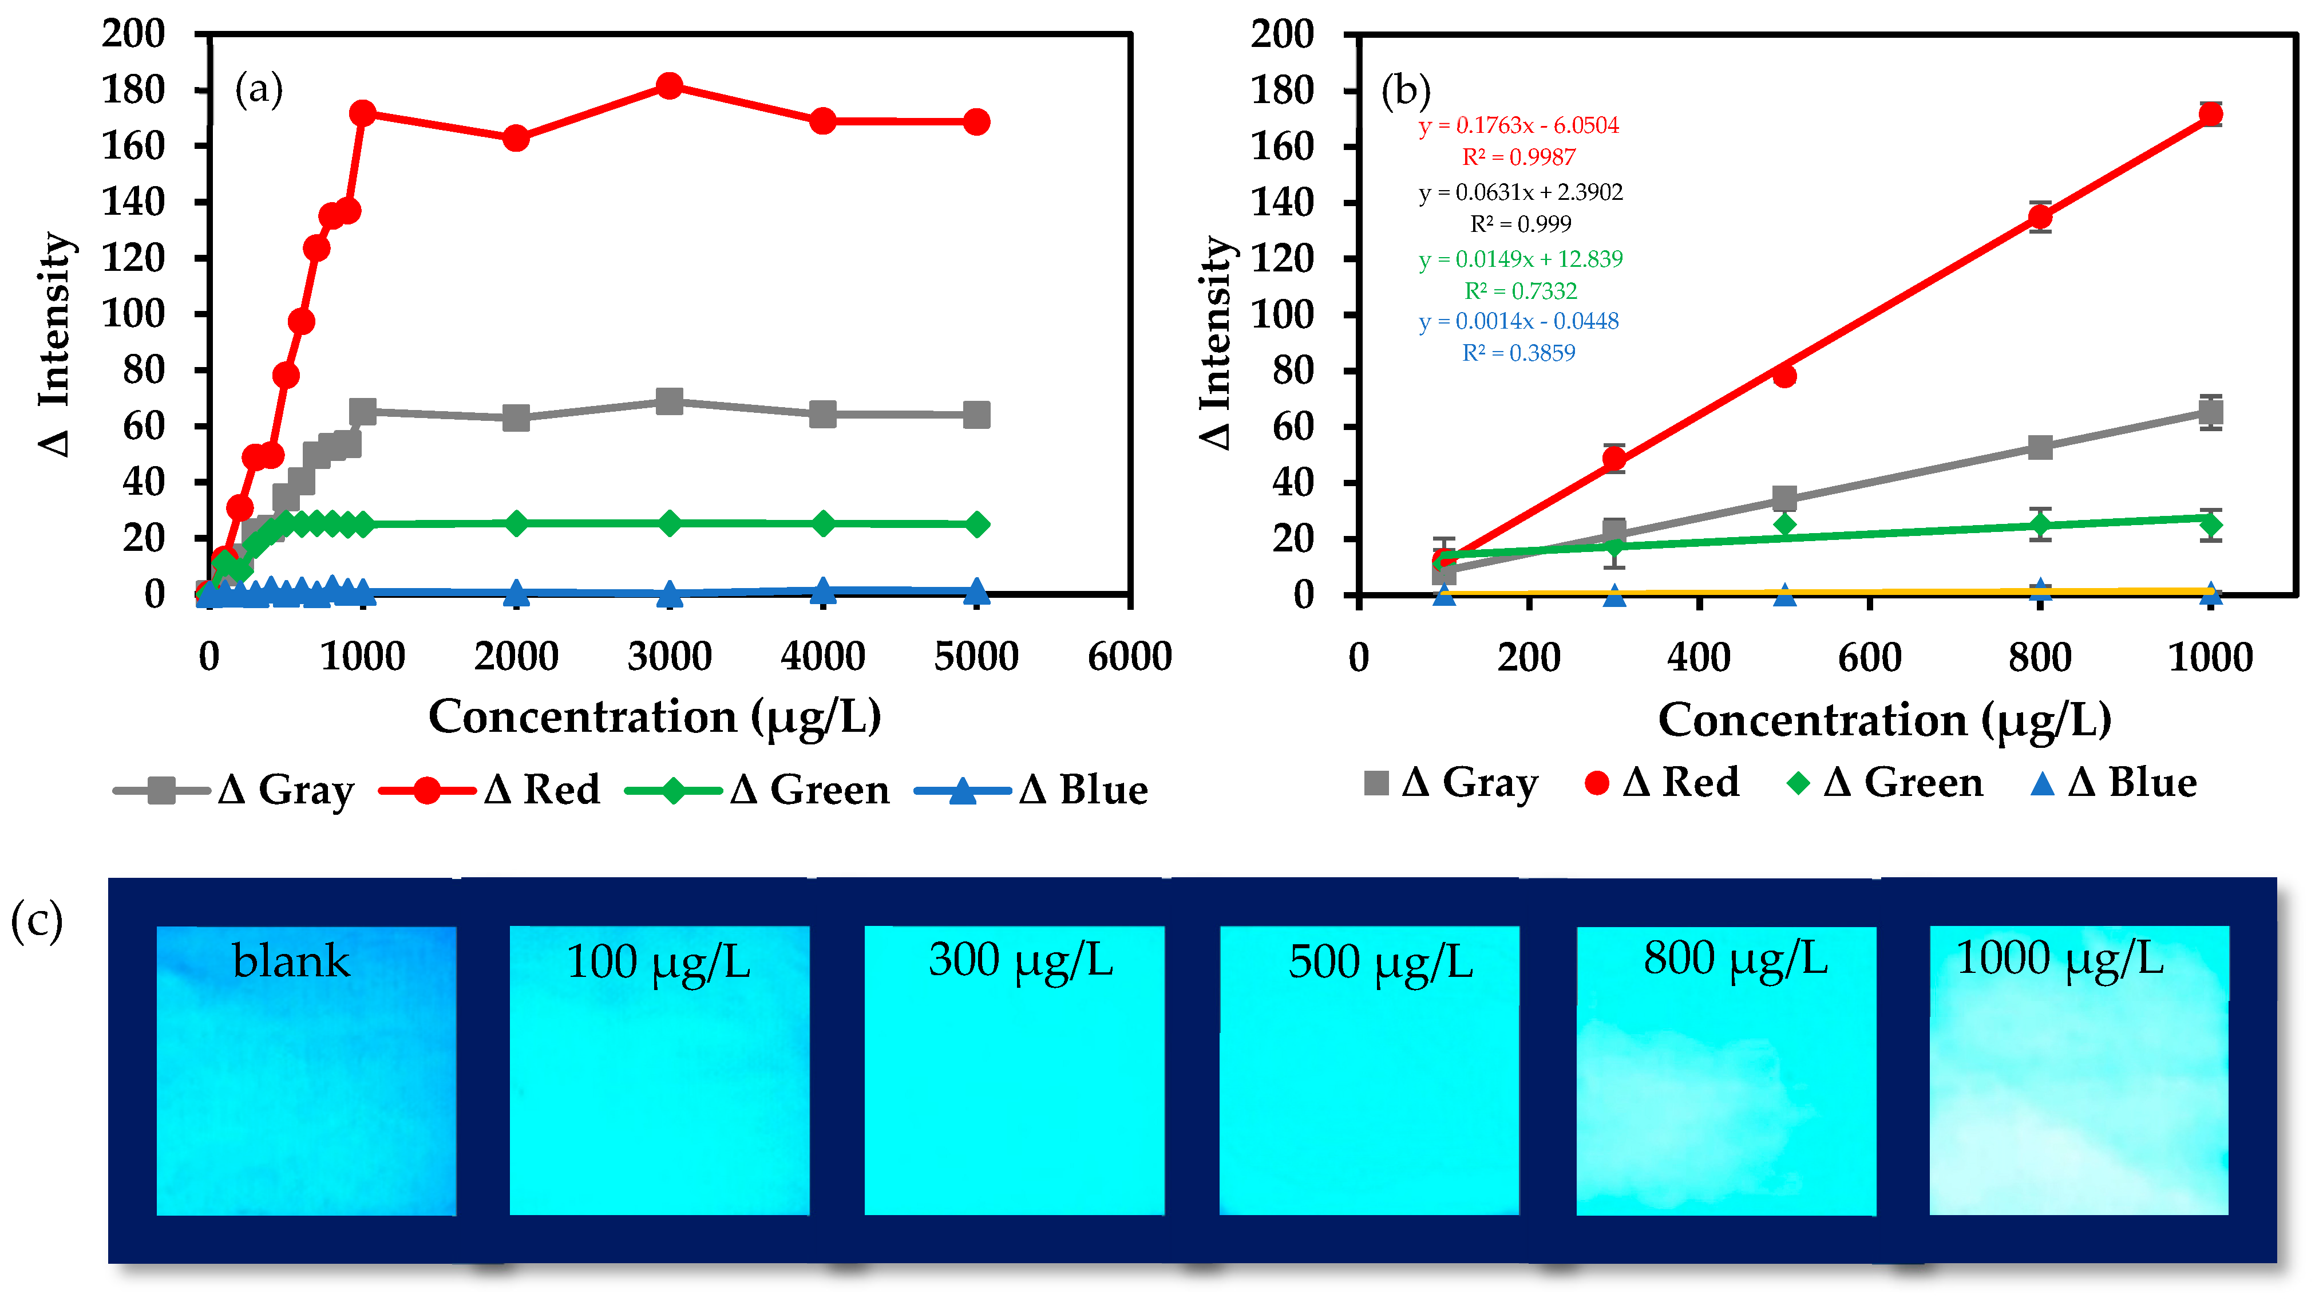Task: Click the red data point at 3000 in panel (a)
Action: point(669,86)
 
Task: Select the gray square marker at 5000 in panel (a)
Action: point(976,415)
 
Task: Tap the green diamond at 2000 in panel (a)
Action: point(516,523)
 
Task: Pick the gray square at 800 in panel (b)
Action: point(2040,447)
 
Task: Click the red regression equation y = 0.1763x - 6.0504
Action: point(1518,125)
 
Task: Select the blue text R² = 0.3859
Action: point(1518,353)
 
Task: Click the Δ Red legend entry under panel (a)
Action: point(492,790)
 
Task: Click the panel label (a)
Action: point(259,89)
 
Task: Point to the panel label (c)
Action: point(37,921)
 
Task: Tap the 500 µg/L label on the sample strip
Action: point(1380,961)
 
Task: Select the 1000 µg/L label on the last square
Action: point(2060,958)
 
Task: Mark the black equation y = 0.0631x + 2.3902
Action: point(1521,192)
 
